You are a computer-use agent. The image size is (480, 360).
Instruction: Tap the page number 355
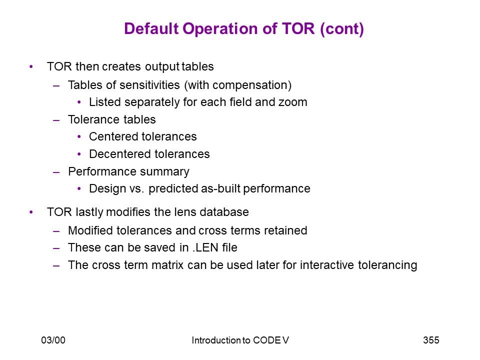click(x=431, y=340)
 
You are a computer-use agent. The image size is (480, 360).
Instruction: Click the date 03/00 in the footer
click(x=53, y=340)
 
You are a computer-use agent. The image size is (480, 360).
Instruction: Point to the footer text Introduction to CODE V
click(x=240, y=340)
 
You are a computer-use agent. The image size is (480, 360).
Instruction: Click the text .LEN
click(x=205, y=247)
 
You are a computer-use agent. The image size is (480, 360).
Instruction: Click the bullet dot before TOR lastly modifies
click(x=31, y=212)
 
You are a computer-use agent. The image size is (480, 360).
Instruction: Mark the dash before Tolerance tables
click(x=56, y=120)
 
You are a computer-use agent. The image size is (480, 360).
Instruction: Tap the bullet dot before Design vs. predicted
click(x=79, y=188)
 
